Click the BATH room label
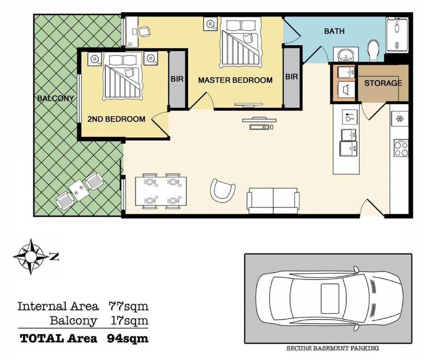pyautogui.click(x=334, y=31)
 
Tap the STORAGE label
pyautogui.click(x=383, y=83)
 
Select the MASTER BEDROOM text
pyautogui.click(x=235, y=80)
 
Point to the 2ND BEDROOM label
pyautogui.click(x=116, y=119)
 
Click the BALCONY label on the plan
pyautogui.click(x=55, y=98)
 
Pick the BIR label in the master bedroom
pyautogui.click(x=292, y=77)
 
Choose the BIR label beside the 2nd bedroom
pyautogui.click(x=177, y=79)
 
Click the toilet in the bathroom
pyautogui.click(x=374, y=51)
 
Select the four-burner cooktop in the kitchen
pyautogui.click(x=401, y=148)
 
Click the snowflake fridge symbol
pyautogui.click(x=400, y=119)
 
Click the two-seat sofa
pyautogui.click(x=273, y=201)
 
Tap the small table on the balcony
pyautogui.click(x=79, y=190)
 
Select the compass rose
pyautogui.click(x=31, y=256)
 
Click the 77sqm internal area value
pyautogui.click(x=129, y=307)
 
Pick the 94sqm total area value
pyautogui.click(x=128, y=338)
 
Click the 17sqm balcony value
pyautogui.click(x=130, y=321)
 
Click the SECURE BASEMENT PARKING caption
pyautogui.click(x=333, y=348)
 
